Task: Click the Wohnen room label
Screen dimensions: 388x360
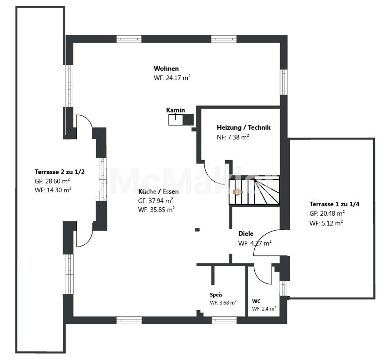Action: [x=166, y=69]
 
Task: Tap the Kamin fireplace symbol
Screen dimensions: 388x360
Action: [x=181, y=120]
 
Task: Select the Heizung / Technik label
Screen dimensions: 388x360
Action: [x=244, y=128]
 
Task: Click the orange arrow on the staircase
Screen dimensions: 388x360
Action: [x=238, y=192]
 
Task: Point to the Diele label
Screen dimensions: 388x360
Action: [x=246, y=234]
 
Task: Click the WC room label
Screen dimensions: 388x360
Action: [x=256, y=301]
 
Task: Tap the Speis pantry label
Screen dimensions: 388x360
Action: [x=216, y=295]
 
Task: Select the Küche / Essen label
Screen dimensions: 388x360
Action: [x=159, y=192]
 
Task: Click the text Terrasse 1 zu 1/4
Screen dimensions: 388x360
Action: [x=335, y=204]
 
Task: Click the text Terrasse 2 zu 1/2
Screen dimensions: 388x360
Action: [x=59, y=172]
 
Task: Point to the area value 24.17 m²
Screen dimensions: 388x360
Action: [x=178, y=78]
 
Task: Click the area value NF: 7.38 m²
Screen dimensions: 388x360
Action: [x=233, y=137]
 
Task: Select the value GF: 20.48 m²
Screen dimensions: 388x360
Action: [x=327, y=214]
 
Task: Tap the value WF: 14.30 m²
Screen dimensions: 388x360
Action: [x=53, y=190]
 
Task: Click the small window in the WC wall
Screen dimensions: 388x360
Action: [x=283, y=288]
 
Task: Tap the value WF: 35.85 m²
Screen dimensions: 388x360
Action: [x=156, y=210]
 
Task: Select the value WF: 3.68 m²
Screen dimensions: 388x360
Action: [x=223, y=303]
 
